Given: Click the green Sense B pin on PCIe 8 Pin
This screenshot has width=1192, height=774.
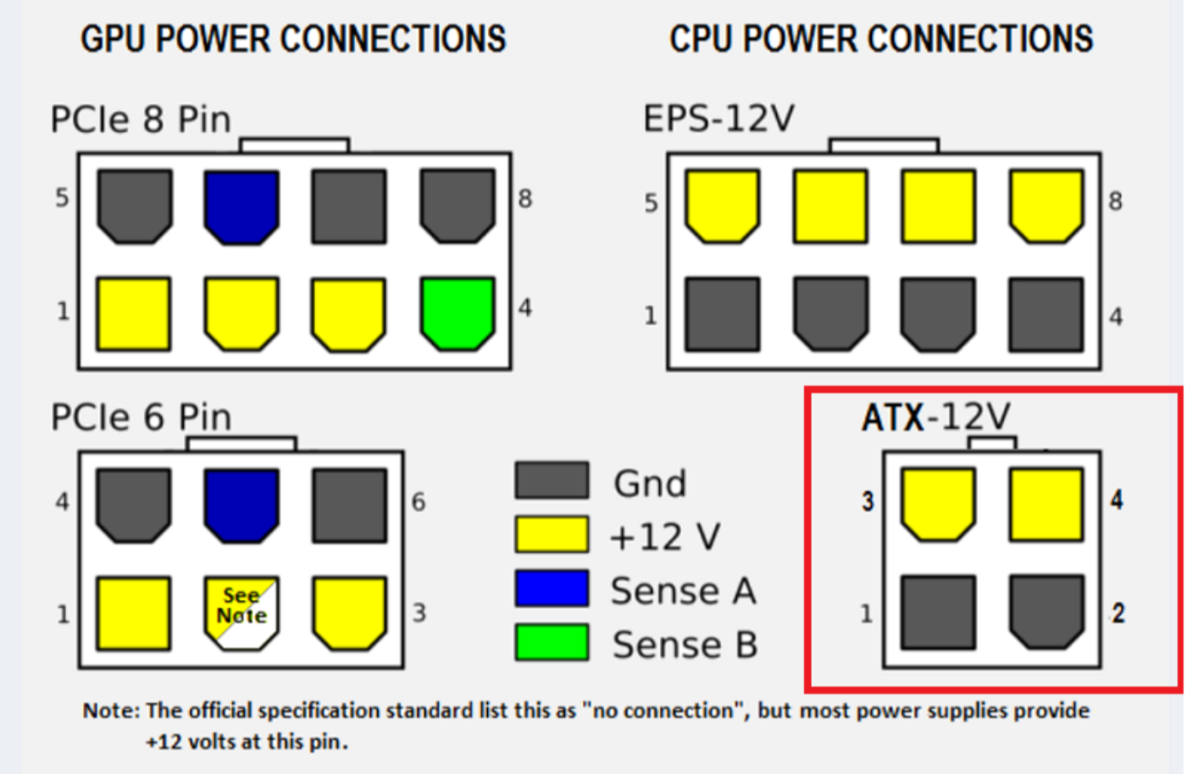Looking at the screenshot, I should (x=457, y=312).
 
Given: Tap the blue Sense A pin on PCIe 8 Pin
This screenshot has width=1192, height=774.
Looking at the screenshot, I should (x=241, y=206).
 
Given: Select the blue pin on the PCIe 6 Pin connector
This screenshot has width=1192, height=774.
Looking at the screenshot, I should (x=241, y=505).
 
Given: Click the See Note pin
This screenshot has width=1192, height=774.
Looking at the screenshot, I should (x=241, y=612).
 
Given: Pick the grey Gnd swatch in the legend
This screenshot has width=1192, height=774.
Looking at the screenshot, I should (x=552, y=480).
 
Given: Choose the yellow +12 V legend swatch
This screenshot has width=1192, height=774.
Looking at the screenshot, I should (x=552, y=534).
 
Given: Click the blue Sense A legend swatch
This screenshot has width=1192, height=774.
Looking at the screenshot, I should (x=552, y=589).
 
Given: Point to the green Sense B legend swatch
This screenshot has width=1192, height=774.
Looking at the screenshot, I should (x=552, y=642).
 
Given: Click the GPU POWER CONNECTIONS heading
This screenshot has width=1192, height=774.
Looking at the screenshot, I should (x=293, y=39).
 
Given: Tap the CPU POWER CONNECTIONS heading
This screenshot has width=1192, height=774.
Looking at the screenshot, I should (x=881, y=39).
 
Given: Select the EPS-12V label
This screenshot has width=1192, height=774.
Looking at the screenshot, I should (x=718, y=119).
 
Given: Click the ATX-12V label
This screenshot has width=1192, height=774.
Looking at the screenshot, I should (x=935, y=417).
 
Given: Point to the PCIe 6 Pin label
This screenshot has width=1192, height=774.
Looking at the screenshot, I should (x=141, y=417).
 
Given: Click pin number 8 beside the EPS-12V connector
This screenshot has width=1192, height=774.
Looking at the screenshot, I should (x=1116, y=202).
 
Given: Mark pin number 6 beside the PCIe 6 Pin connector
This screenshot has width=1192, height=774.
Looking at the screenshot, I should (x=419, y=502).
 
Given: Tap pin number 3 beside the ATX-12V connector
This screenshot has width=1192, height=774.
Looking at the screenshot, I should (x=868, y=501).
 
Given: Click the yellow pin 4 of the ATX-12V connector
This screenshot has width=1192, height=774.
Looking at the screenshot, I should (x=1046, y=504).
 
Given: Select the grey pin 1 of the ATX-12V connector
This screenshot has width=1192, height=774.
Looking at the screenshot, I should (x=938, y=612).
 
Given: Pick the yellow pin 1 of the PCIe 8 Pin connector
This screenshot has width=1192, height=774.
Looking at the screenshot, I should (x=134, y=313).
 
